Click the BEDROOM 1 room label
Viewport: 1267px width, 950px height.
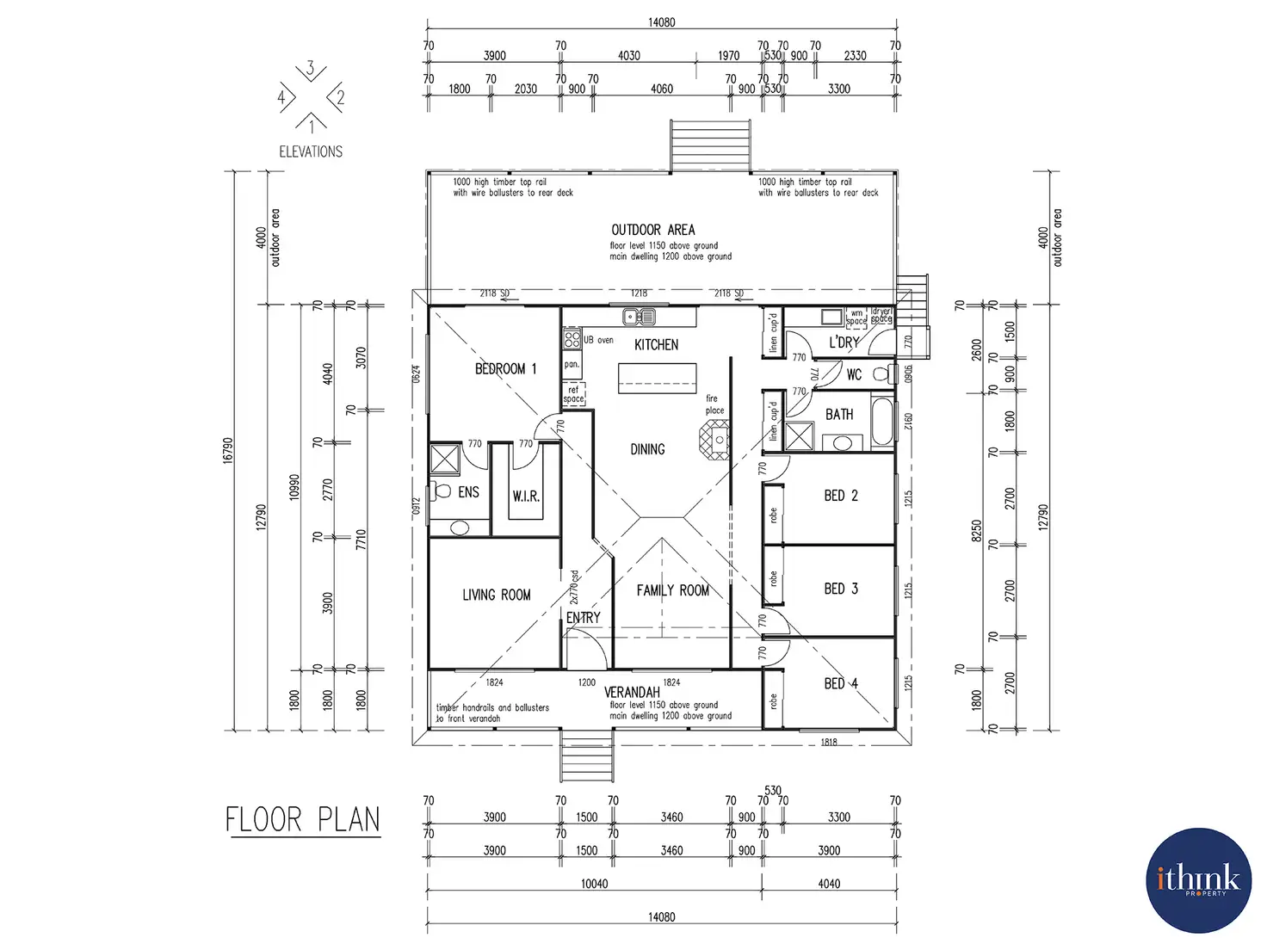(x=505, y=369)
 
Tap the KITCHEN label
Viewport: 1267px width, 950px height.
(x=656, y=345)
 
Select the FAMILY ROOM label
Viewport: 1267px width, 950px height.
(x=672, y=590)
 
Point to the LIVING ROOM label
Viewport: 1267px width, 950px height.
(x=496, y=595)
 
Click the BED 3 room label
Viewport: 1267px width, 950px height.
(x=840, y=589)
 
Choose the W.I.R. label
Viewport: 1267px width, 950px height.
(x=526, y=497)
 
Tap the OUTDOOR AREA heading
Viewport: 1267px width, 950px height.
(x=652, y=230)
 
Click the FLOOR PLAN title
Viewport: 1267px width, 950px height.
(x=302, y=820)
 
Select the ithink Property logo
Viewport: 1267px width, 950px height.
(x=1198, y=880)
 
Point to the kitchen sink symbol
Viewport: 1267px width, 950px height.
(x=640, y=317)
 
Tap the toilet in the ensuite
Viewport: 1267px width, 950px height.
(x=442, y=492)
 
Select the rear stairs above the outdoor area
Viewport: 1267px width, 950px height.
(x=710, y=145)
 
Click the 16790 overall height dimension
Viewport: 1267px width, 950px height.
(x=228, y=450)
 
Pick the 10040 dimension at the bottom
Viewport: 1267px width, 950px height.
(x=594, y=884)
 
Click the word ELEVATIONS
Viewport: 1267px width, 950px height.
(x=311, y=152)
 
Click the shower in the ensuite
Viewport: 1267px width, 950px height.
(x=446, y=459)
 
